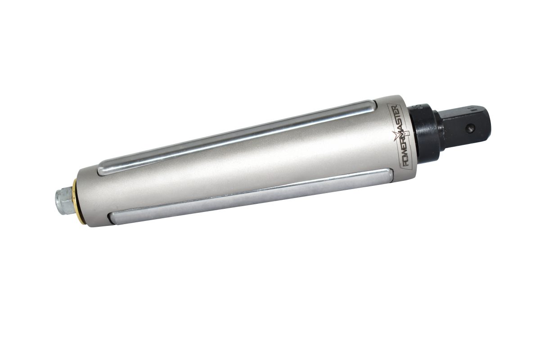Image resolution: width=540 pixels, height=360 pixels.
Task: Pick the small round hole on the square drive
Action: [x=471, y=128]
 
